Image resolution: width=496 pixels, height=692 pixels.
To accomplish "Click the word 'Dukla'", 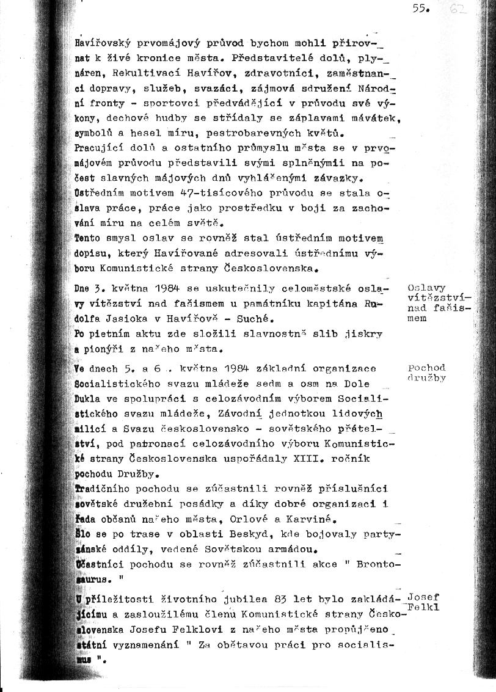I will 87,398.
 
